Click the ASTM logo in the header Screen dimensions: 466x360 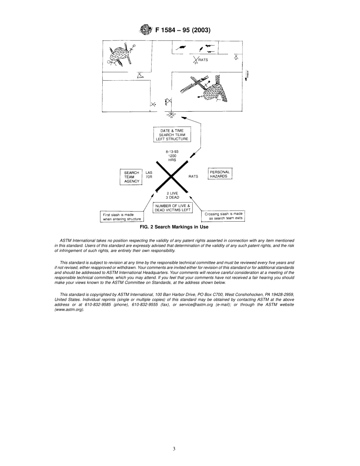click(x=146, y=30)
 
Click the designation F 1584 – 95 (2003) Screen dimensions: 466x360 click(x=183, y=30)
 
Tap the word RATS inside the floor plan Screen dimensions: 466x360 click(x=203, y=60)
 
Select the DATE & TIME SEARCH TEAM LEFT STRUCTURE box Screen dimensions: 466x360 click(x=172, y=135)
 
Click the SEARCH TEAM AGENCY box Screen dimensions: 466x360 click(x=131, y=177)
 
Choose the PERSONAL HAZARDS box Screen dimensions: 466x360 click(x=220, y=174)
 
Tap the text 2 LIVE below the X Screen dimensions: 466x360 click(x=172, y=193)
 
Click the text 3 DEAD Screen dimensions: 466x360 click(x=172, y=197)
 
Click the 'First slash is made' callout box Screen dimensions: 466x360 click(x=122, y=217)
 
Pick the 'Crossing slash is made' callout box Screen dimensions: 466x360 click(x=223, y=216)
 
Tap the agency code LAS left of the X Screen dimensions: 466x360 click(x=149, y=172)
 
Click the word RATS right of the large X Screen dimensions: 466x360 click(x=193, y=177)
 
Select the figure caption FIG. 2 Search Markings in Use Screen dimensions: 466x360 click(x=174, y=227)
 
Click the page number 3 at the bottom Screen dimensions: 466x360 click(x=174, y=449)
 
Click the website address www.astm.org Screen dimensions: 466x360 click(x=69, y=310)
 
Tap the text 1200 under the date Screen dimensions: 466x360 click(x=172, y=156)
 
